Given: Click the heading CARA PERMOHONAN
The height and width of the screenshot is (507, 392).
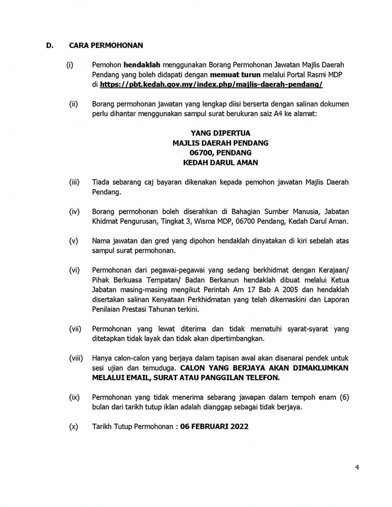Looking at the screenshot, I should coord(106,45).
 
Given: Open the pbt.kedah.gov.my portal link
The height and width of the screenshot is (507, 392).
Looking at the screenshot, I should coord(211,84).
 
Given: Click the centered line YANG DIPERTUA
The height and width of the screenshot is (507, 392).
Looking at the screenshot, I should coord(220,133).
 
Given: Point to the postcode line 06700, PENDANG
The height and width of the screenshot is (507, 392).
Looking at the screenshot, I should coord(220,153).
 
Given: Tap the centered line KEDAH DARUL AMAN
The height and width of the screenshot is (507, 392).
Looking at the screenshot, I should coord(220,163).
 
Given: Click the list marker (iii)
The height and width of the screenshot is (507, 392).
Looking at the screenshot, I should coord(74,182).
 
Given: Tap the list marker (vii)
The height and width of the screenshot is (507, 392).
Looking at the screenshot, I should coord(75,328).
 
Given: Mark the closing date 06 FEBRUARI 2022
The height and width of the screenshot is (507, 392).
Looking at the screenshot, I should coord(214,426).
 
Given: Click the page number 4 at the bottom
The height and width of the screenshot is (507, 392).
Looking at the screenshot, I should coord(357,467).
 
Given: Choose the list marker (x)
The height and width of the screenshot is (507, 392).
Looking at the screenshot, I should coord(73,426).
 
